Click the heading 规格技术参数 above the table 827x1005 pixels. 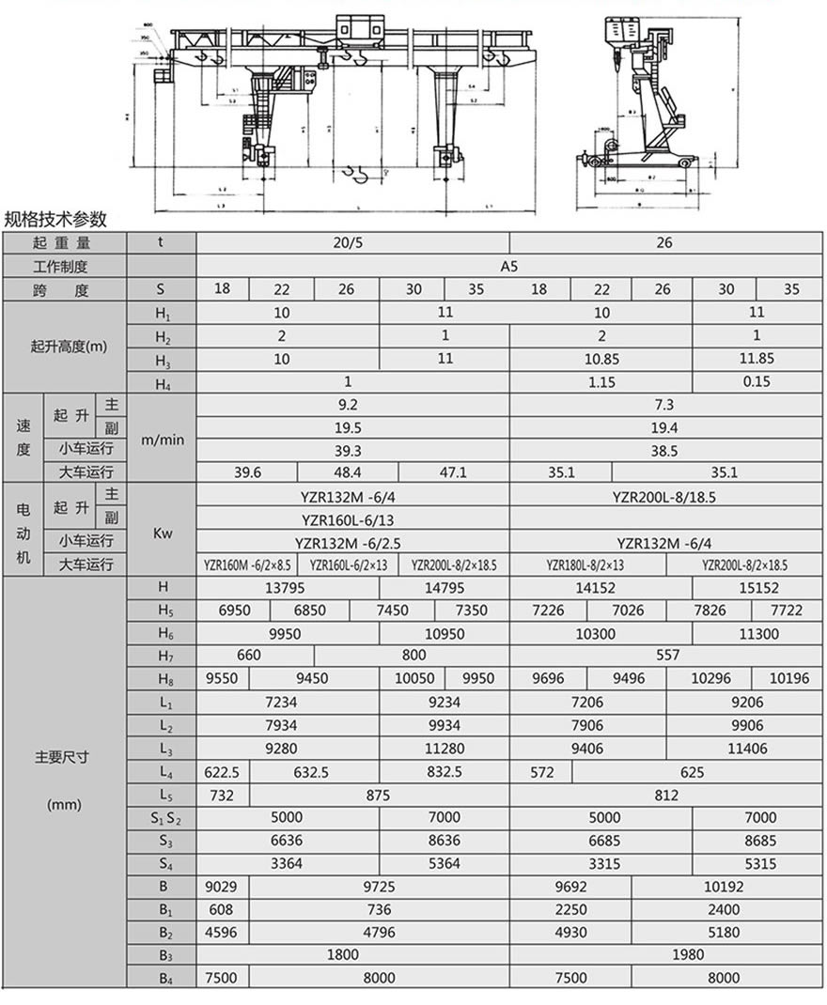pos(55,220)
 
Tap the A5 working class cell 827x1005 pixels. pos(508,266)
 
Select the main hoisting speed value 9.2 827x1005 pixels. pos(349,405)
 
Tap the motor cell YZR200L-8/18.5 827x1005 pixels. pos(663,497)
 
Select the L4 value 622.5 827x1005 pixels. pos(222,772)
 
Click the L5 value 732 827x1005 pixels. pos(222,796)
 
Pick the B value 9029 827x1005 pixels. pos(222,886)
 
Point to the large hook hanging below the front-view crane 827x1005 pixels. pos(357,175)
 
